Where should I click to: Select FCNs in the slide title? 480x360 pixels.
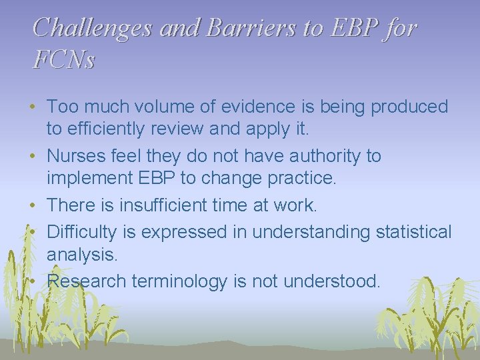tap(64, 60)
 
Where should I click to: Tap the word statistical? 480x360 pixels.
tap(406, 232)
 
